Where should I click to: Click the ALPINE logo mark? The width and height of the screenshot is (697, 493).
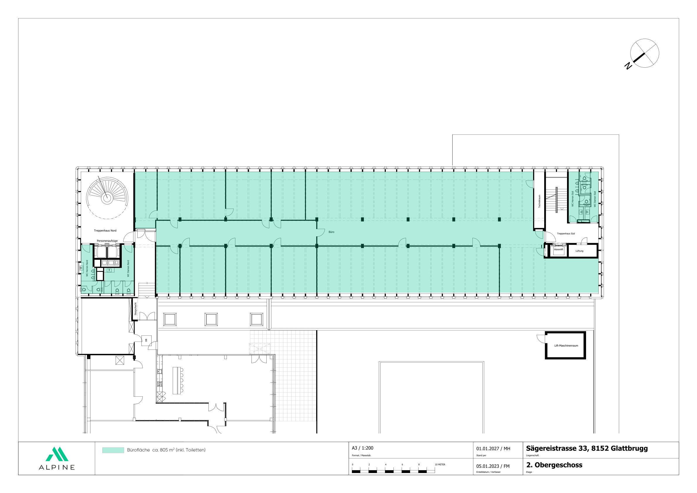coord(57,454)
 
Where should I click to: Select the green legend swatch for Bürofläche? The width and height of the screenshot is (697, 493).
coord(113,450)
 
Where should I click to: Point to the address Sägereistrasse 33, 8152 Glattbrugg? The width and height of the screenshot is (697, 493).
coord(587,448)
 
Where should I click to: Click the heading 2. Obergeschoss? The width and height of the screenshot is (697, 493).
coord(554,465)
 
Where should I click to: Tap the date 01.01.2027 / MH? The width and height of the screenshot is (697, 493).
coord(493,448)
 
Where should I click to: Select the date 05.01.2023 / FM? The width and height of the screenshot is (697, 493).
coord(493,466)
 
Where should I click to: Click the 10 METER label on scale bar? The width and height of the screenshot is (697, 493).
coord(440,465)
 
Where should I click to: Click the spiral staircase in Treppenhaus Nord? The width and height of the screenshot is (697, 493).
coord(107,197)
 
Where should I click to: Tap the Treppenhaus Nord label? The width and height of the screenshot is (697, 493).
coord(105,231)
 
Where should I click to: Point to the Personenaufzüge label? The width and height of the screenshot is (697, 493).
coord(107,241)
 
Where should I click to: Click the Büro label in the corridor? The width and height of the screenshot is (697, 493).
coord(331,232)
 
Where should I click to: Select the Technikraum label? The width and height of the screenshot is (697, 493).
coord(540,201)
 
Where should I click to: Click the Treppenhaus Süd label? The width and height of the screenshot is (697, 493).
coord(566,233)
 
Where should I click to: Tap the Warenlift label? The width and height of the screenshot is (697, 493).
coord(559,249)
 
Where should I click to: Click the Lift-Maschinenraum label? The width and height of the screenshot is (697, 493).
coord(566,346)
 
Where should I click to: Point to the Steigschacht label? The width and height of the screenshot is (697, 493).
coord(136,309)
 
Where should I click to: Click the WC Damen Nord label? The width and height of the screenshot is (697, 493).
coord(128,269)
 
